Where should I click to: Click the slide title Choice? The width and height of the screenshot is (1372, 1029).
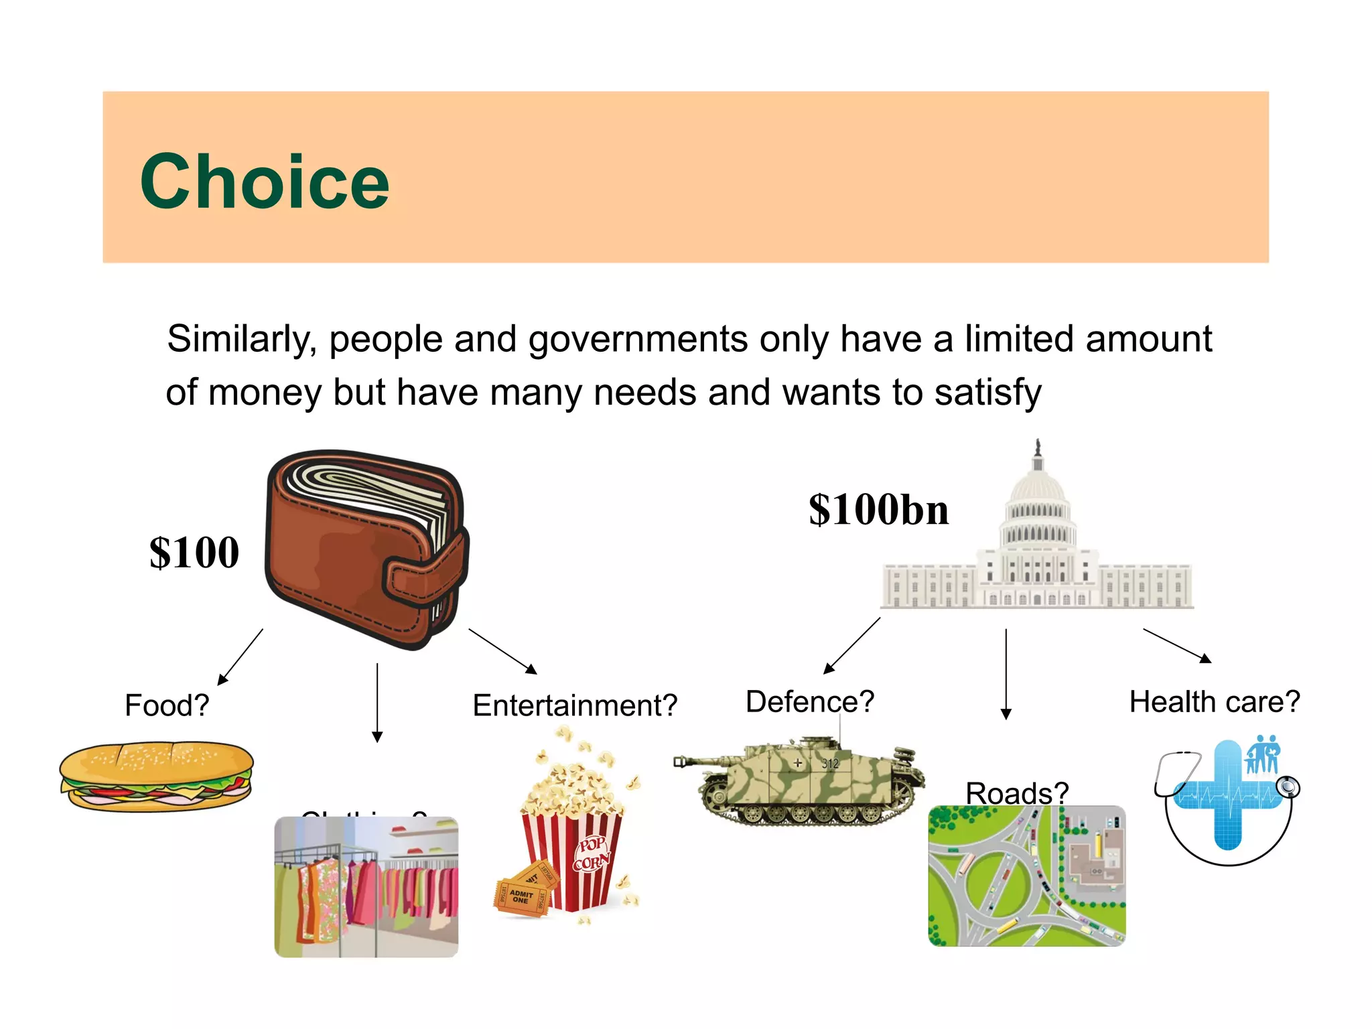coord(265,182)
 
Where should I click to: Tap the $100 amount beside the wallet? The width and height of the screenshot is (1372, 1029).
coord(194,553)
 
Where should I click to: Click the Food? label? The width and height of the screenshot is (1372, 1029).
coord(167,705)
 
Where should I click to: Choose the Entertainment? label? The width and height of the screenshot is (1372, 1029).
coord(575,705)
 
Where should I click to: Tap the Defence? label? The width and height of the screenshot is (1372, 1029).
coord(810,701)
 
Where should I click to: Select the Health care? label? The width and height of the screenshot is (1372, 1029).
coord(1215,701)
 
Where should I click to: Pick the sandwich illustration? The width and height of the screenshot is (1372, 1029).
coord(156,776)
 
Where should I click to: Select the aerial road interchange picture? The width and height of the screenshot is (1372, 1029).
coord(1026,876)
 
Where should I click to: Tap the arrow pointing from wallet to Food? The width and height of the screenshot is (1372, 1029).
coord(241,657)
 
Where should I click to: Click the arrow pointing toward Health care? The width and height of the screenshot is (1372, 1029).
coord(1177,645)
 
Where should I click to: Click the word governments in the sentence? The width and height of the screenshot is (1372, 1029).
coord(637,339)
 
